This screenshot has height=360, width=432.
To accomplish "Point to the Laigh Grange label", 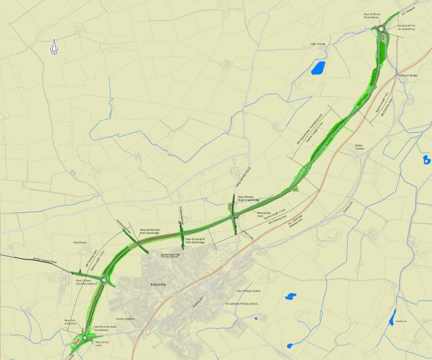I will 318,44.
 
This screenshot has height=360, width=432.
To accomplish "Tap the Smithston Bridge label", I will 408,76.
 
